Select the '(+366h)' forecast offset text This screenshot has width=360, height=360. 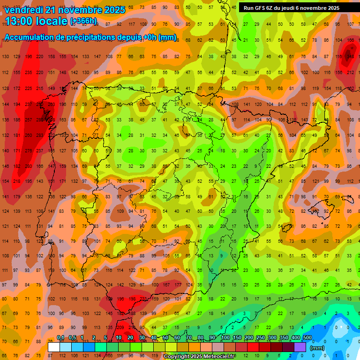tap(83, 21)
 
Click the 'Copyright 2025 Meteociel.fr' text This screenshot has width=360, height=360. tap(199, 357)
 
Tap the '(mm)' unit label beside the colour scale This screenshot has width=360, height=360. tap(317, 348)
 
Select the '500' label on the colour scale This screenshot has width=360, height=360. tap(307, 338)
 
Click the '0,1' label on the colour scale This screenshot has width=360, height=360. tap(60, 338)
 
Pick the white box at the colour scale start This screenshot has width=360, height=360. tap(54, 347)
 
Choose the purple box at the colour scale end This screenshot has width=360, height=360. tap(300, 347)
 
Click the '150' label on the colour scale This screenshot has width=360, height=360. tap(237, 338)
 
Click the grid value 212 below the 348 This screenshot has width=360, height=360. tap(351, 72)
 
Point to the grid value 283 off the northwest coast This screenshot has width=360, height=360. tap(40, 135)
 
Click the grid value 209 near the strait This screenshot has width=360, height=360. tap(120, 327)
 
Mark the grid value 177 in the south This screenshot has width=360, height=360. tap(178, 285)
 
